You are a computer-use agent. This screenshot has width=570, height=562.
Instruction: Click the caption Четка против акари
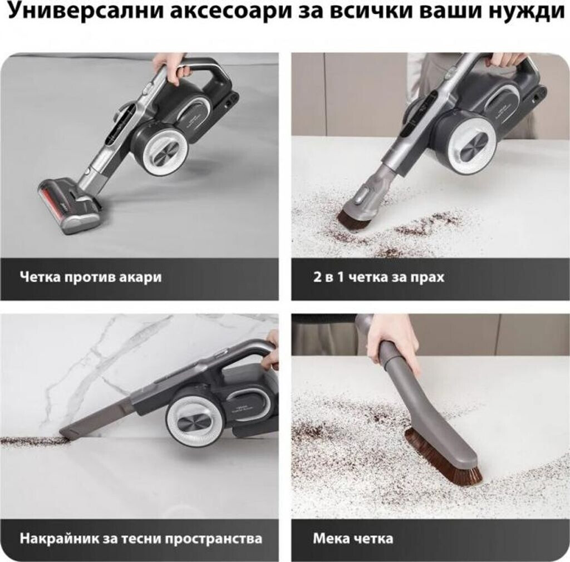[91, 277]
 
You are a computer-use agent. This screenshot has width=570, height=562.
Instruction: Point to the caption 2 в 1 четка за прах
[379, 277]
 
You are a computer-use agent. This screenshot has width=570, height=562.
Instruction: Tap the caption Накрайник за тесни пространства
[141, 538]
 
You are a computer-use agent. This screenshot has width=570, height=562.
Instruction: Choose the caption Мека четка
[353, 538]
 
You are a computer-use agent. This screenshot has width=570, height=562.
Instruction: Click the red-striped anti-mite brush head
[68, 205]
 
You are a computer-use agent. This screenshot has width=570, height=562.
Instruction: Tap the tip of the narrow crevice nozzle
[62, 433]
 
